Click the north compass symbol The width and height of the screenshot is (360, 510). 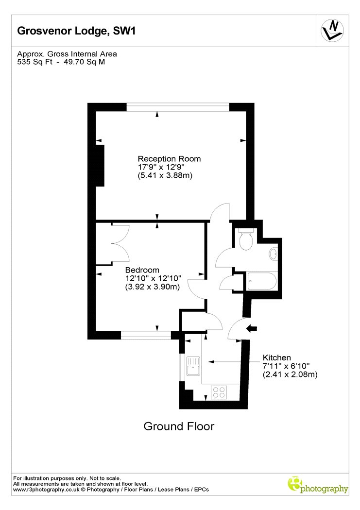[332, 31]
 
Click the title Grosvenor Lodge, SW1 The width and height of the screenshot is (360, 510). [76, 31]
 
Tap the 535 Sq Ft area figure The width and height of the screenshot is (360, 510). [35, 62]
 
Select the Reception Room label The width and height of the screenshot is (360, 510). [169, 159]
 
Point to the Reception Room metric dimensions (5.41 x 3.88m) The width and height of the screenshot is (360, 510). [165, 176]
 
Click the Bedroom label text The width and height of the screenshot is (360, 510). [142, 270]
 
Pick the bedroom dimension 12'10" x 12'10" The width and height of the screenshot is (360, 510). [153, 278]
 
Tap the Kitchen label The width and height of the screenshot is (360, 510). [277, 357]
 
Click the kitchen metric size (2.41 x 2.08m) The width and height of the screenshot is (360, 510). [290, 374]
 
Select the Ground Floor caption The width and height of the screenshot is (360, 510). [179, 426]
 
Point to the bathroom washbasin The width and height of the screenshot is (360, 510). [273, 254]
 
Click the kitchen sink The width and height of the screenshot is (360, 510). [193, 366]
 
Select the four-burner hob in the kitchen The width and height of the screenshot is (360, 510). [219, 392]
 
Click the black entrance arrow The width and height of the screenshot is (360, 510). [252, 328]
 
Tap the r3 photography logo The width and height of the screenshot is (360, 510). [318, 485]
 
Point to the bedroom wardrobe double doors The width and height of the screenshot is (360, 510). [120, 243]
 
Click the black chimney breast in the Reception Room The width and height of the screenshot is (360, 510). [100, 166]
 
